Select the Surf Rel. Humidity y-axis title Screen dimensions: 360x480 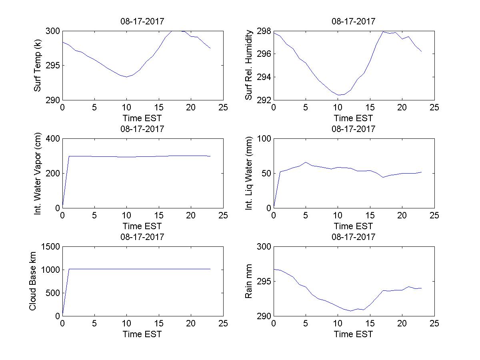click(249, 65)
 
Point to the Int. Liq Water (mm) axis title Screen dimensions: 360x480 click(249, 173)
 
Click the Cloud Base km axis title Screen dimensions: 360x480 click(33, 281)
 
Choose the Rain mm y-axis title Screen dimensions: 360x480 click(249, 281)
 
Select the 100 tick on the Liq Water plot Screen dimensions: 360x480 click(264, 139)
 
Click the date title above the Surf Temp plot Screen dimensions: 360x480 click(142, 22)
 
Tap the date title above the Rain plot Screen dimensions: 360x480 click(354, 237)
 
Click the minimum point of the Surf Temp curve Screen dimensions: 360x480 click(127, 77)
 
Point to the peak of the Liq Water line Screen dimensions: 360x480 click(306, 162)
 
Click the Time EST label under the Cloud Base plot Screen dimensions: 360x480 click(142, 334)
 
